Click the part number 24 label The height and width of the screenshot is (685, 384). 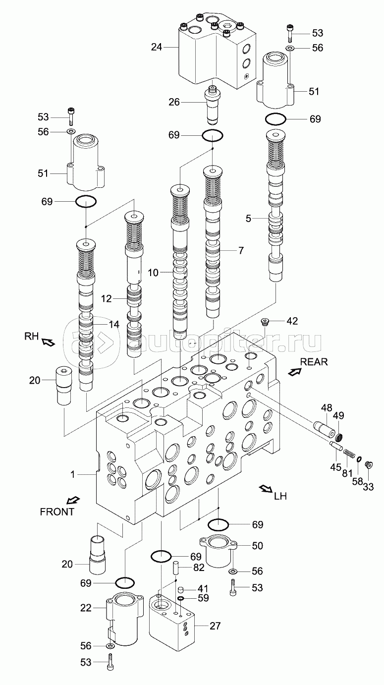[x=157, y=48]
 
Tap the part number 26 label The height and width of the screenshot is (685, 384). [x=174, y=102]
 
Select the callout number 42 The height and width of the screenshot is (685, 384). [x=292, y=321]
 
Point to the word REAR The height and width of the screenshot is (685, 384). [x=314, y=361]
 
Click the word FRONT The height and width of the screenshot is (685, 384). [x=57, y=512]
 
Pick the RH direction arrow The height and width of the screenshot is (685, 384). [x=48, y=342]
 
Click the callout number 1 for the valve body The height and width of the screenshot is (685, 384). [x=72, y=474]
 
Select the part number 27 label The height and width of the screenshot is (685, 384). [x=215, y=626]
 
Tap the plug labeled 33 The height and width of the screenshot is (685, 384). [x=368, y=465]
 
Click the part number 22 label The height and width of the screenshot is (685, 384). [x=86, y=608]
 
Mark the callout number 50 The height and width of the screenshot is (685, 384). [x=257, y=546]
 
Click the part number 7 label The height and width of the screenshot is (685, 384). [x=241, y=250]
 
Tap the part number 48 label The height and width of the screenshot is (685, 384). [x=326, y=408]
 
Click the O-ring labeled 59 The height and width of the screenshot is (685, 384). [x=181, y=599]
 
